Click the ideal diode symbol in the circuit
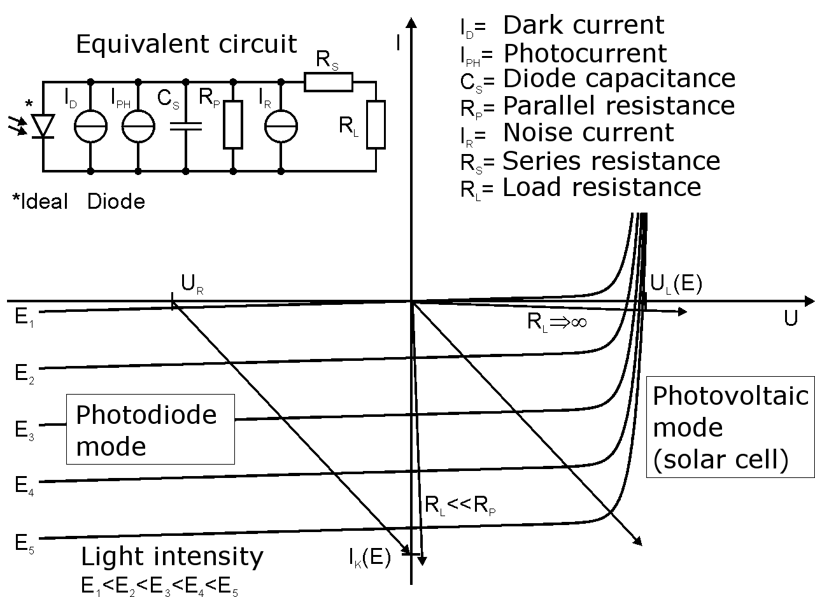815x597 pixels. [43, 126]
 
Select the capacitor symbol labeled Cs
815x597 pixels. [186, 127]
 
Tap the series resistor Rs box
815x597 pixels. [328, 82]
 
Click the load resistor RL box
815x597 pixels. [376, 124]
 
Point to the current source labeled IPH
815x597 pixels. [138, 127]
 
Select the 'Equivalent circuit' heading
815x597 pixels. [186, 45]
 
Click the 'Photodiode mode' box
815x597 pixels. [150, 429]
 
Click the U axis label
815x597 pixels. [790, 319]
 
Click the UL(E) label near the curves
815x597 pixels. [676, 284]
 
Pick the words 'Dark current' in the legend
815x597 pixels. [583, 25]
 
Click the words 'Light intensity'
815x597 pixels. [172, 557]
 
